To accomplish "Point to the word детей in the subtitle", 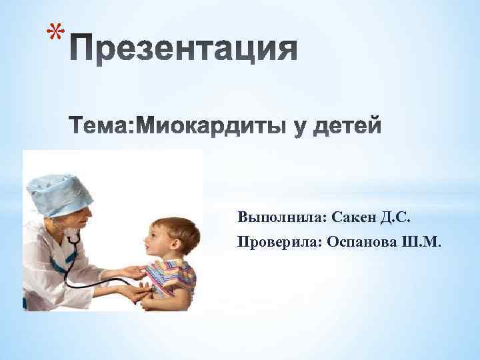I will tap(346, 125).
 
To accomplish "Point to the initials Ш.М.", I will tap(421, 241).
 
